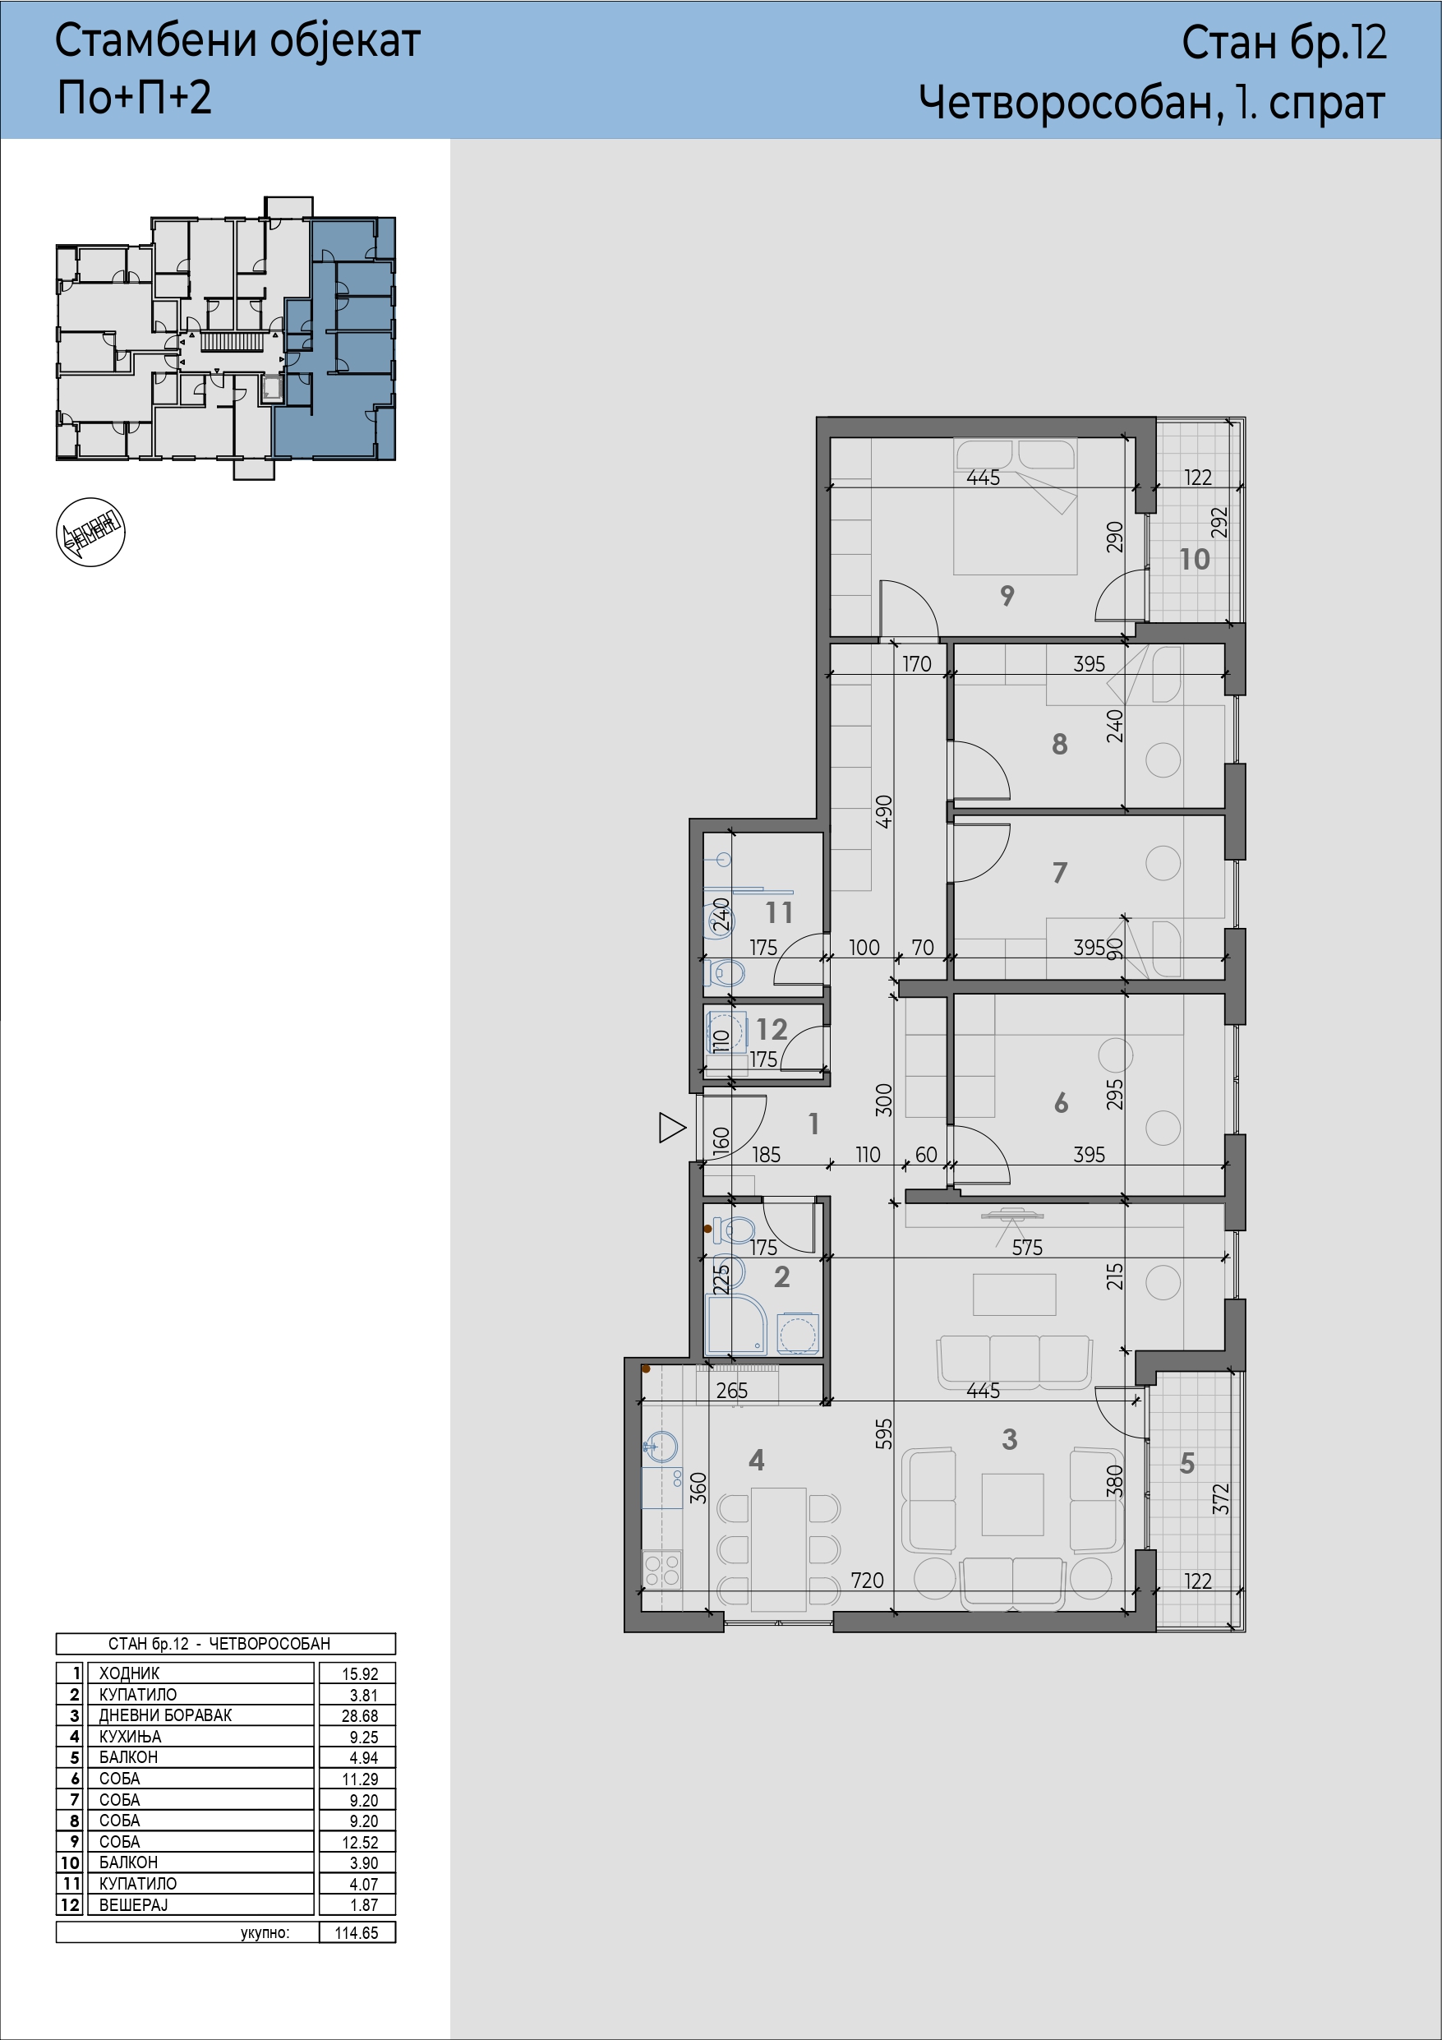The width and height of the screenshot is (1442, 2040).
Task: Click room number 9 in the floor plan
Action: [x=1007, y=595]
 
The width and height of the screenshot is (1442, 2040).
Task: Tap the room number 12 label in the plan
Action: [x=772, y=1029]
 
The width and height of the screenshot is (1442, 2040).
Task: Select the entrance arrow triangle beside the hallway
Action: [x=671, y=1128]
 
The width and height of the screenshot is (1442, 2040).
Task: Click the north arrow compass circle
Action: [x=90, y=533]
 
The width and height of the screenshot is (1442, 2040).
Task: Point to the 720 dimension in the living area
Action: [x=867, y=1580]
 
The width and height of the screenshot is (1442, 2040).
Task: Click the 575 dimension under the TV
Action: [x=1027, y=1248]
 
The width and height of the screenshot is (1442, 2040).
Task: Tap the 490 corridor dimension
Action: [x=884, y=812]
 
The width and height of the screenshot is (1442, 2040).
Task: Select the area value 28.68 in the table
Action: [x=360, y=1715]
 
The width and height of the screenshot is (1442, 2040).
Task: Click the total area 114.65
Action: [x=357, y=1932]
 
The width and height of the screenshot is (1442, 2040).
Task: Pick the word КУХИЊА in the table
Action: [x=131, y=1736]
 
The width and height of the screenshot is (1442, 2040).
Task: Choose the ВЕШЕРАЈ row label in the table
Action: [x=133, y=1905]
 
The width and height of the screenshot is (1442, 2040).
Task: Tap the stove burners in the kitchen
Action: [x=661, y=1569]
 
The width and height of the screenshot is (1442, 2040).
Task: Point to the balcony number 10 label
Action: [x=1194, y=559]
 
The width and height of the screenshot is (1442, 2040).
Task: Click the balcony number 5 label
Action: [x=1187, y=1463]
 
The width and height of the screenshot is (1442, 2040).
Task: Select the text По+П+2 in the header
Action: [x=134, y=97]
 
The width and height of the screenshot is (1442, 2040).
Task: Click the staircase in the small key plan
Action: [x=233, y=341]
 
